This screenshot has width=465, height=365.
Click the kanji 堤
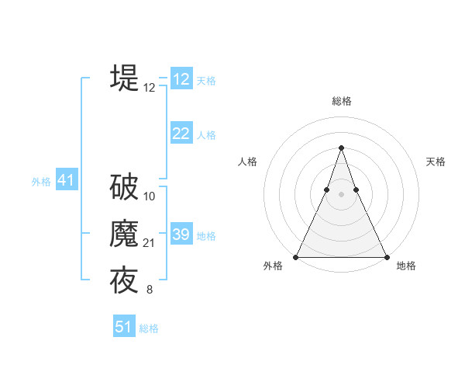point(124,78)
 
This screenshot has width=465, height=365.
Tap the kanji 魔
point(124,235)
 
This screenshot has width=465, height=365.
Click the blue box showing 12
point(181,79)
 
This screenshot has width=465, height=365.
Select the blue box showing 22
point(181,134)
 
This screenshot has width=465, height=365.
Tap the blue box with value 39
point(181,235)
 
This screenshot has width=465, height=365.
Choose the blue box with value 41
point(65,181)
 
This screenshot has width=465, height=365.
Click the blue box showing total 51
point(123,327)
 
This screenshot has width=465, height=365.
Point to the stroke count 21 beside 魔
point(150,244)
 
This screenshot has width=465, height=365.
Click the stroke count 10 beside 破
point(150,196)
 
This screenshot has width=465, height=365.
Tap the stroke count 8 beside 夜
point(149,290)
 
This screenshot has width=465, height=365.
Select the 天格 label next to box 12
point(206,81)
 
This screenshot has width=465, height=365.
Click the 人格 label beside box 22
point(206,135)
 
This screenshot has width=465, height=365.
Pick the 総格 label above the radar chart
point(341,102)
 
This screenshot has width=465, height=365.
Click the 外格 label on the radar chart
point(273,266)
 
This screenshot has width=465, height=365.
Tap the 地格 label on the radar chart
point(406,266)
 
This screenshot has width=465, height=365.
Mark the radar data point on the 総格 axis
point(341,148)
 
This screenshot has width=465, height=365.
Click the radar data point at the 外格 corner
point(296,257)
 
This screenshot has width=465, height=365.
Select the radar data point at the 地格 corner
point(386,257)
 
